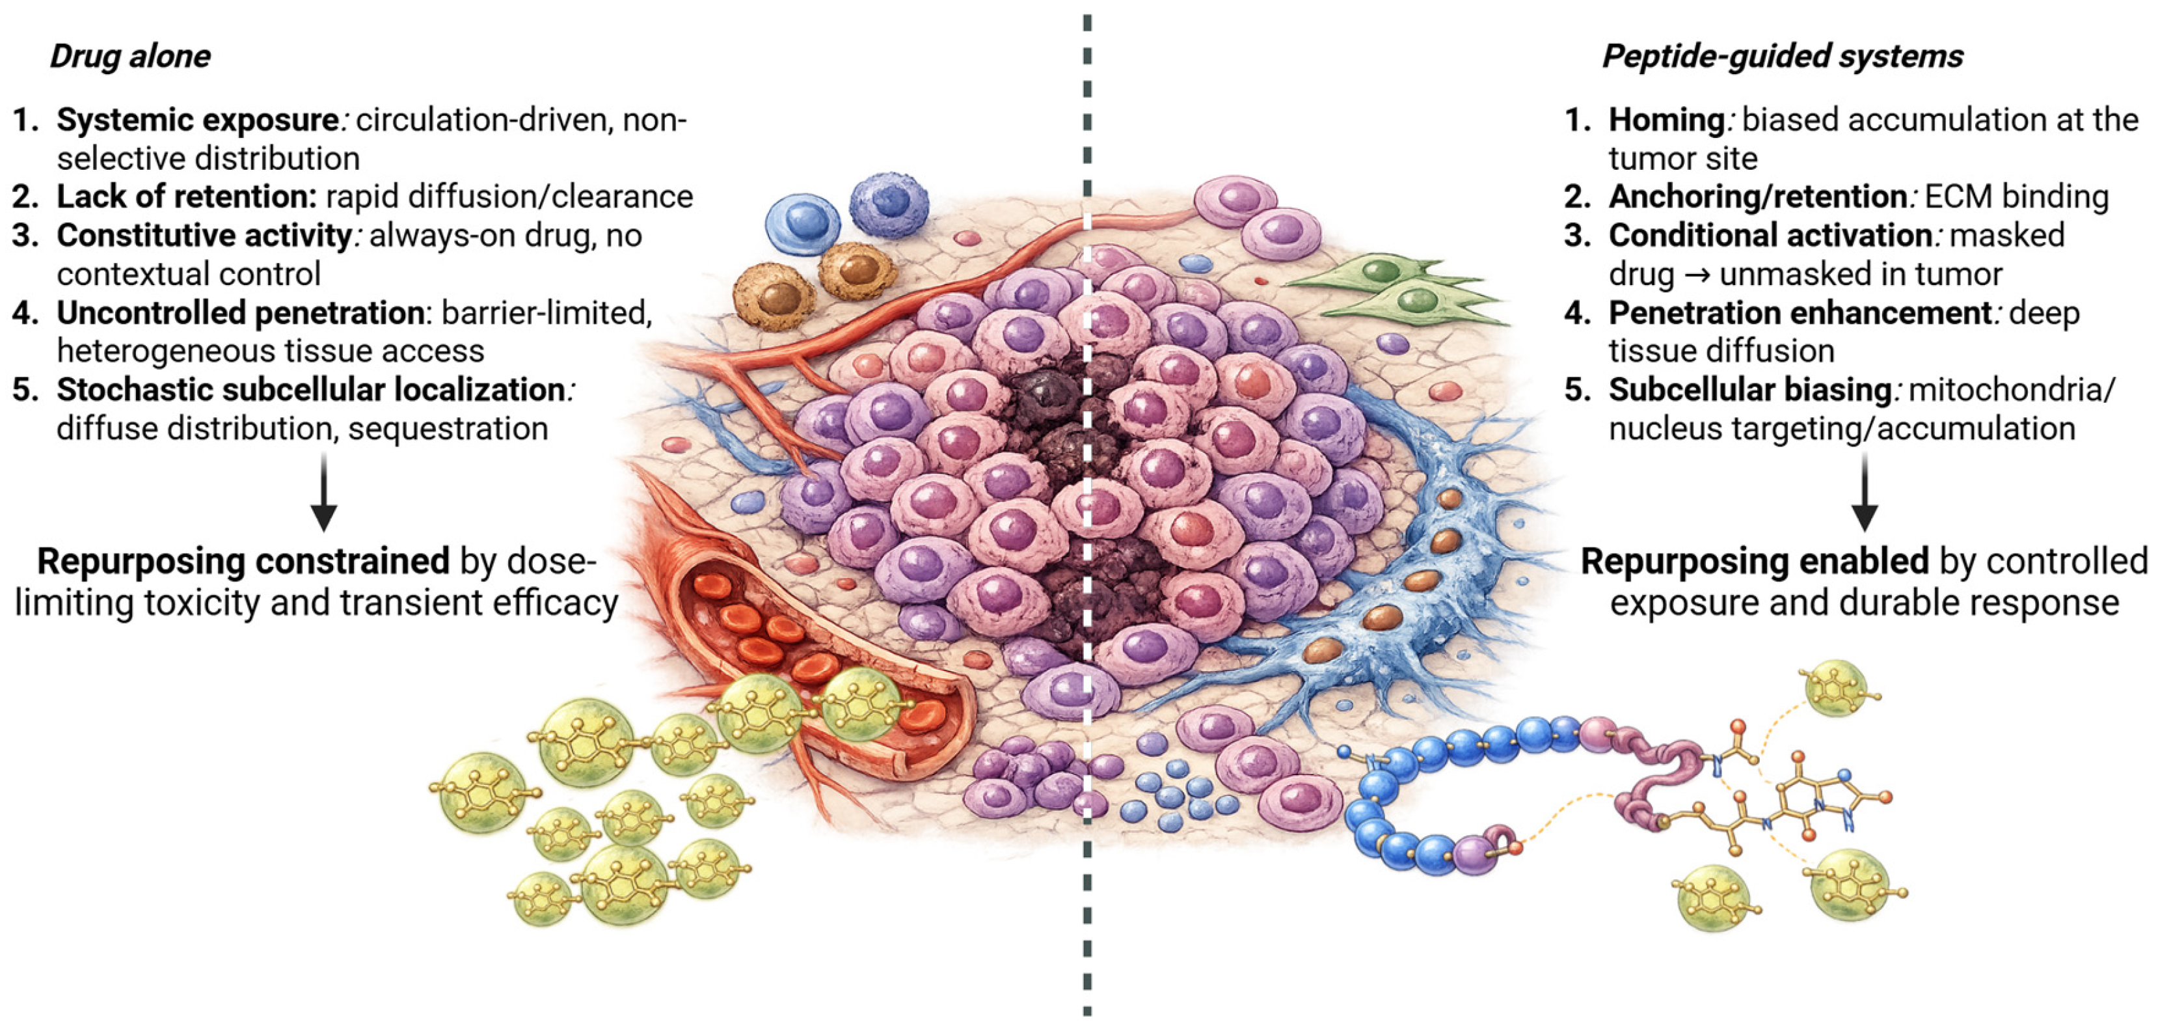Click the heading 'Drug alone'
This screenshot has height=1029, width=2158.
tap(130, 56)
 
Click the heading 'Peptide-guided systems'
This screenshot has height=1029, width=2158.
tap(1782, 56)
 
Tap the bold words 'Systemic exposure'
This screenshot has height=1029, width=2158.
tap(198, 120)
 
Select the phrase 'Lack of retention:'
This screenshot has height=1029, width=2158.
tap(186, 196)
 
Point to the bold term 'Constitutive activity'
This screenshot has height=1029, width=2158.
tap(204, 236)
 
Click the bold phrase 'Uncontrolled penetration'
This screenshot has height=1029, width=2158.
tap(241, 312)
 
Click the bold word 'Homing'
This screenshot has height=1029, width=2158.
tap(1666, 120)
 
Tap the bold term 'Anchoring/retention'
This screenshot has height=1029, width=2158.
tap(1758, 196)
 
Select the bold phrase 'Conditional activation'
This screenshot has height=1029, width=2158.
tap(1770, 236)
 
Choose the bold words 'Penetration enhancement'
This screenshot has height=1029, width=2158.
tap(1800, 312)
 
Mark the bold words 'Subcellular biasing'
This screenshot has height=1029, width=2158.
tap(1749, 390)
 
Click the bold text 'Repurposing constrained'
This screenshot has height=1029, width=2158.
tap(243, 562)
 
